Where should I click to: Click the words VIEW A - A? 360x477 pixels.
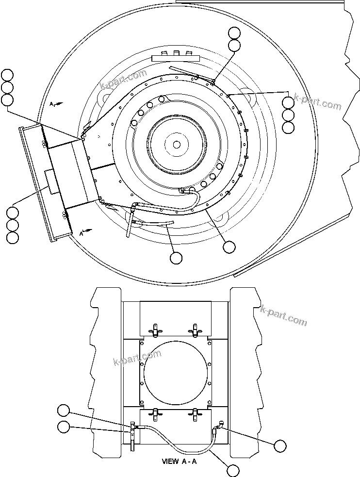point(180,461)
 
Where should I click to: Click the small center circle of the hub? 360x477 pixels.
point(177,144)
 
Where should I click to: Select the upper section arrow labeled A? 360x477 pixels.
point(55,104)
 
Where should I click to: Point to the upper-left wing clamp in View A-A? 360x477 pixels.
point(156,330)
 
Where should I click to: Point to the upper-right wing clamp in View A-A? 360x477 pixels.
point(196,330)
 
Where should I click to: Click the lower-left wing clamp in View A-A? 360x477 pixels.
point(156,414)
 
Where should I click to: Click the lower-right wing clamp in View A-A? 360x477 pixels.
point(196,414)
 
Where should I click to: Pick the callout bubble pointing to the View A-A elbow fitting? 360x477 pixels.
point(279,445)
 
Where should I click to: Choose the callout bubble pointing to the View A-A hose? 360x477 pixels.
point(233,470)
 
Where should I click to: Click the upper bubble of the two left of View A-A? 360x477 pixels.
point(63,411)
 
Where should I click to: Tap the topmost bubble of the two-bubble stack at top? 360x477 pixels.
point(234,33)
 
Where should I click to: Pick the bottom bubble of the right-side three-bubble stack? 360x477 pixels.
point(288,128)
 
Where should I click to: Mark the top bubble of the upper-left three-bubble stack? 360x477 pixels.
point(7,75)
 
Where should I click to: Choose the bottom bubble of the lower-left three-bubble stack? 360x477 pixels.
point(13,237)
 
